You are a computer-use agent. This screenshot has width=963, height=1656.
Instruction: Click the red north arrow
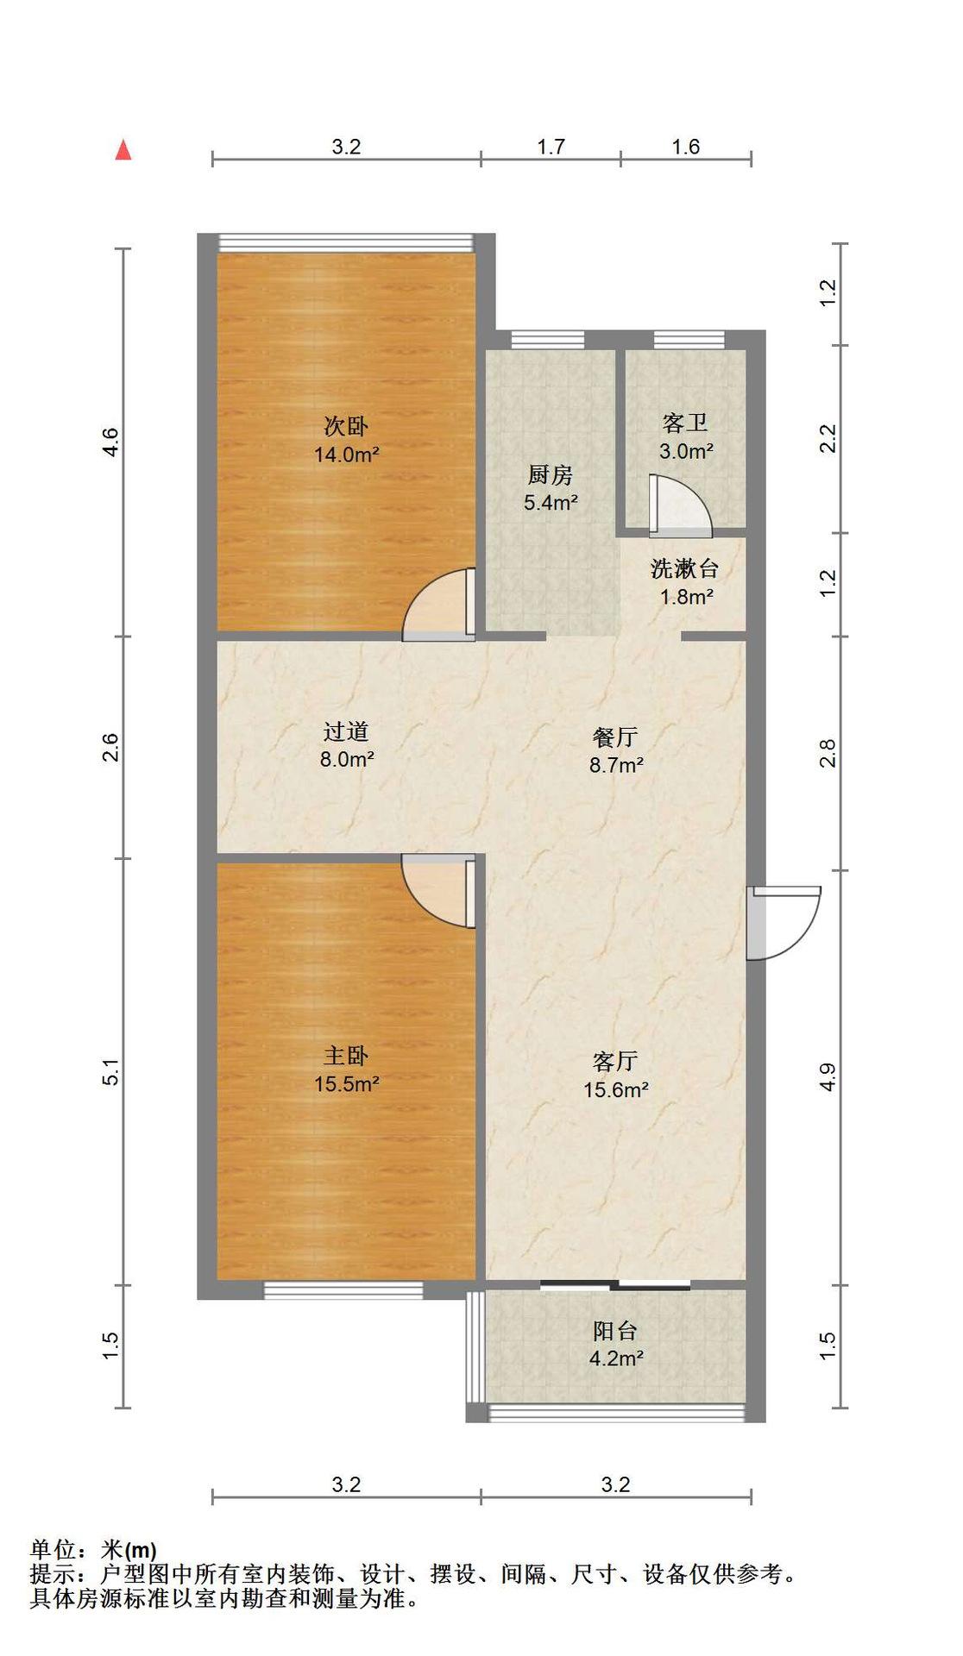(123, 150)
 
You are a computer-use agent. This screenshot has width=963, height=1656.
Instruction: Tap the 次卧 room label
(346, 426)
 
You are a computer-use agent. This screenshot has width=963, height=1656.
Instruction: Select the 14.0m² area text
(346, 455)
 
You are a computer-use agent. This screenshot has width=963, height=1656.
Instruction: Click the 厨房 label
(550, 474)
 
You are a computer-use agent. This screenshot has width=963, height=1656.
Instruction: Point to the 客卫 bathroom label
(685, 423)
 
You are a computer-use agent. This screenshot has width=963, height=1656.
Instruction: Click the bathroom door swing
(681, 501)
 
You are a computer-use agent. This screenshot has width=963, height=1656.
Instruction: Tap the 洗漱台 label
(685, 568)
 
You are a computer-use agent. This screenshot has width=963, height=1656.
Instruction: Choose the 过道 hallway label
(346, 731)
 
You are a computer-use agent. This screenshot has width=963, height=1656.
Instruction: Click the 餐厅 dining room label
(615, 737)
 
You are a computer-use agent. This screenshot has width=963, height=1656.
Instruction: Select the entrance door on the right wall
(782, 922)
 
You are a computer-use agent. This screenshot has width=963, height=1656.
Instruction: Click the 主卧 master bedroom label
(346, 1056)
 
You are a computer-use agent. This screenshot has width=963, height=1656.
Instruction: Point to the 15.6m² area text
(615, 1089)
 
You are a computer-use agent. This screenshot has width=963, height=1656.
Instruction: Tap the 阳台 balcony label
(615, 1331)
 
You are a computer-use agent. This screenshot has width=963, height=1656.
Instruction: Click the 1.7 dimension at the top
(551, 147)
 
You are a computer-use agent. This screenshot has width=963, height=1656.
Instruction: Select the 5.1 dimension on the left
(112, 1072)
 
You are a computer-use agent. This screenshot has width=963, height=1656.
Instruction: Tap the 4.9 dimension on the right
(828, 1077)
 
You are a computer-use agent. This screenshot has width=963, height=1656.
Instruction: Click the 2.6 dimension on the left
(112, 747)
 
